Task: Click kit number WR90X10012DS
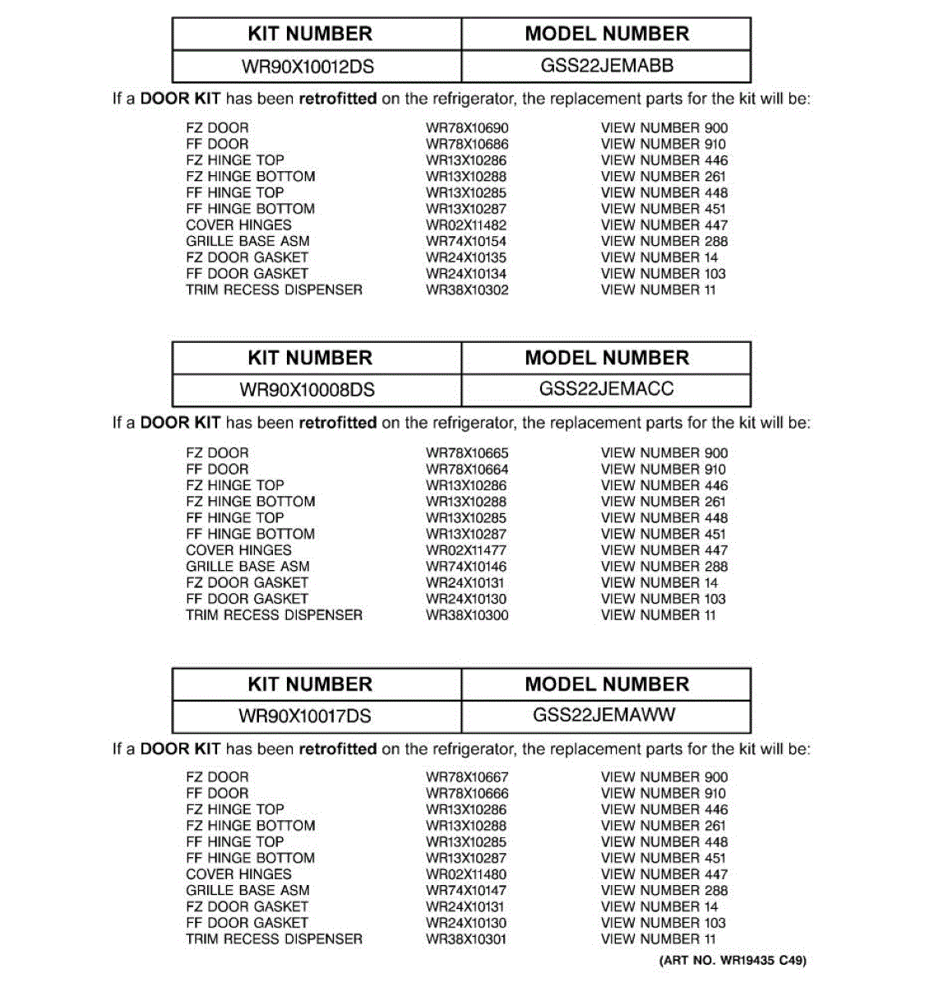point(308,66)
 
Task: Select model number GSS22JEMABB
point(607,66)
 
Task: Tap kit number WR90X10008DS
point(308,390)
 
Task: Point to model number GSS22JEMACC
point(607,389)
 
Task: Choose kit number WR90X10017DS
point(305,716)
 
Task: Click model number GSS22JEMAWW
point(604,715)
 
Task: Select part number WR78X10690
point(467,128)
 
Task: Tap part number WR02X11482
point(466,225)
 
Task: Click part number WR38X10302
point(467,290)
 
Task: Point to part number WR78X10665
point(467,453)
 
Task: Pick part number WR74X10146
point(466,567)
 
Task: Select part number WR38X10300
point(467,615)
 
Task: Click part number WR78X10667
point(467,777)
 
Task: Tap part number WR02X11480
point(466,874)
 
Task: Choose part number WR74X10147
point(466,891)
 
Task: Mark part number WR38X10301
point(466,939)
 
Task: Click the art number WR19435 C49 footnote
point(733,960)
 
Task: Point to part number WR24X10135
point(466,257)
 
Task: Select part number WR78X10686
point(467,144)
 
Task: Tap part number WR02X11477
point(466,550)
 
